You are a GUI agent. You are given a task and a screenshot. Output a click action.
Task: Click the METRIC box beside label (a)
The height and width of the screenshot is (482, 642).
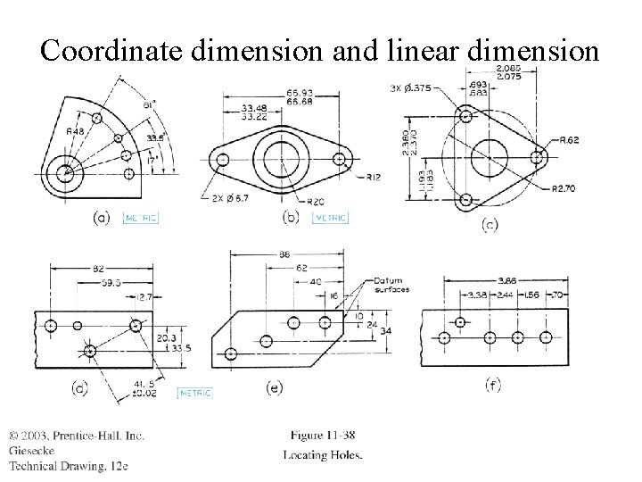(141, 217)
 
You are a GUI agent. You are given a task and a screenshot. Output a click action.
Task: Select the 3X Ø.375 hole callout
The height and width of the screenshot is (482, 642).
(412, 87)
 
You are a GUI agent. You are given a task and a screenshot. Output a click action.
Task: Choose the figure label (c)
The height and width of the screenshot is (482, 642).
(490, 225)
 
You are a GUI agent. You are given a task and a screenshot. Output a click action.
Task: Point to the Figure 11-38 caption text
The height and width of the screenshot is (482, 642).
(322, 435)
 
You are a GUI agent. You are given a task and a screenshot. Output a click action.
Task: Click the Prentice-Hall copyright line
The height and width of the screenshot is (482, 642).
(77, 435)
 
